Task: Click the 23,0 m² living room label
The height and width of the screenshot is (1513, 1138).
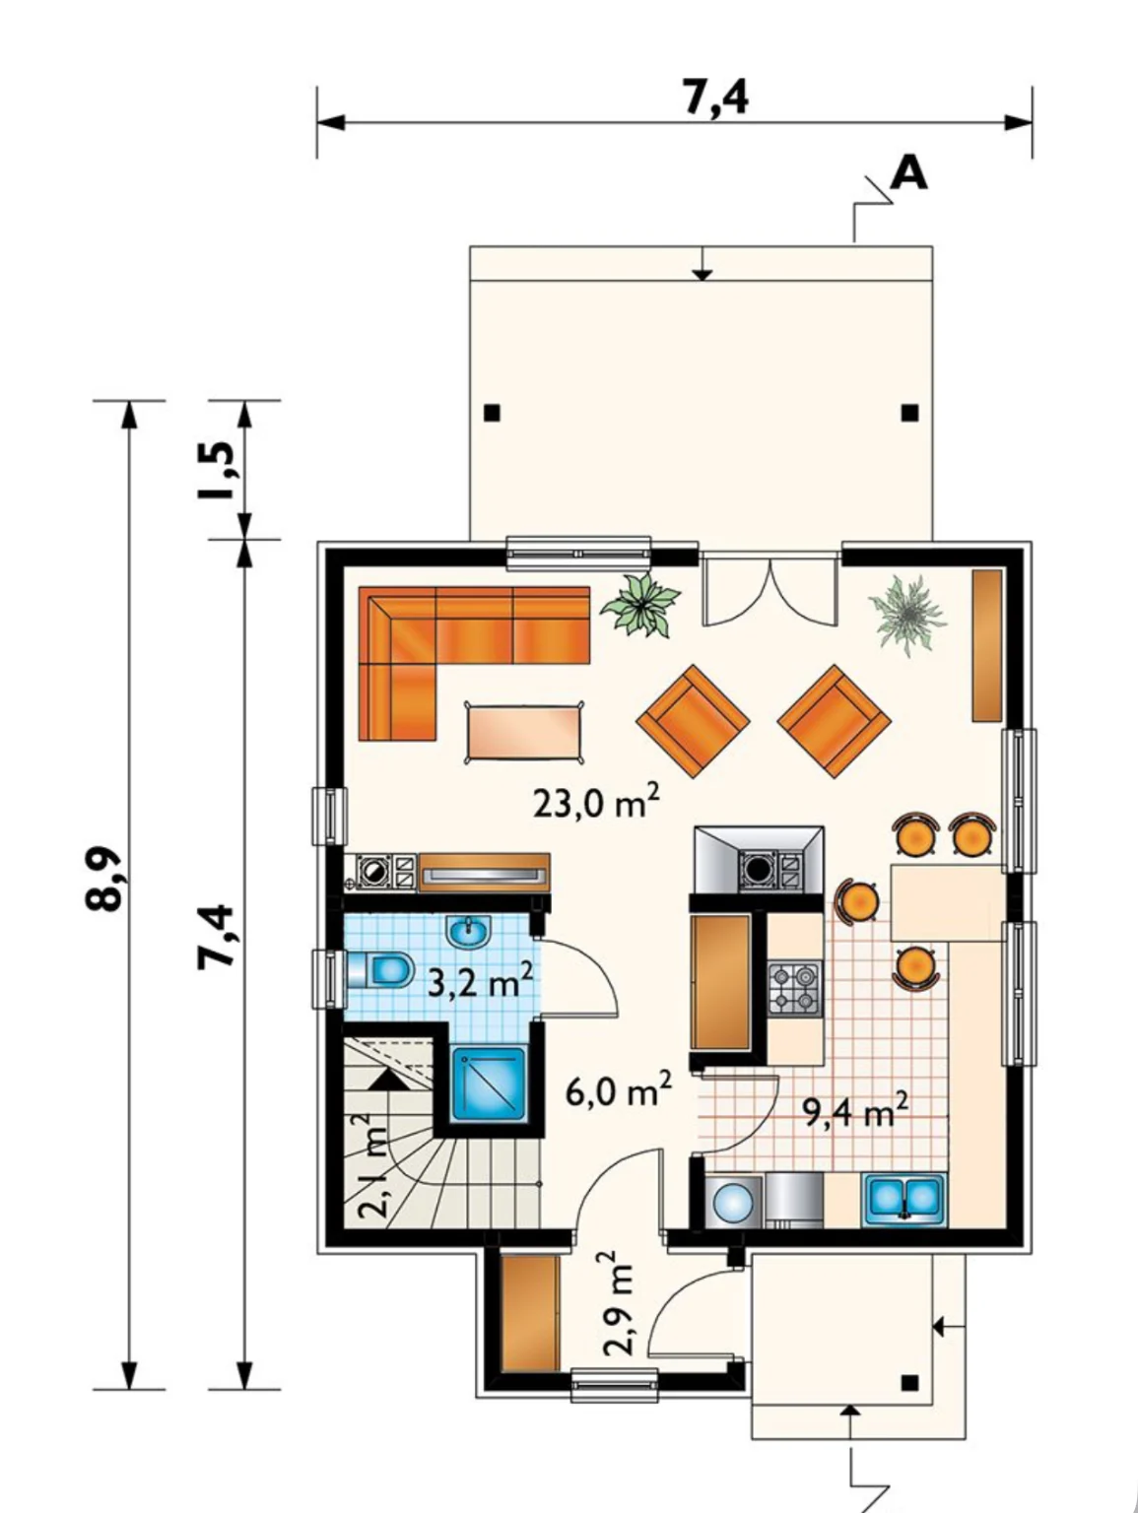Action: [x=597, y=801]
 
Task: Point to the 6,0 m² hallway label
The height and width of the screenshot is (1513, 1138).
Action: [x=619, y=1089]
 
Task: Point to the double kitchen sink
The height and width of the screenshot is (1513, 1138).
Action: [x=905, y=1201]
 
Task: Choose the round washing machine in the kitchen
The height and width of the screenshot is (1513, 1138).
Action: [x=733, y=1202]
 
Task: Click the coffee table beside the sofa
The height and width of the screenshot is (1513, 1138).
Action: [x=524, y=731]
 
